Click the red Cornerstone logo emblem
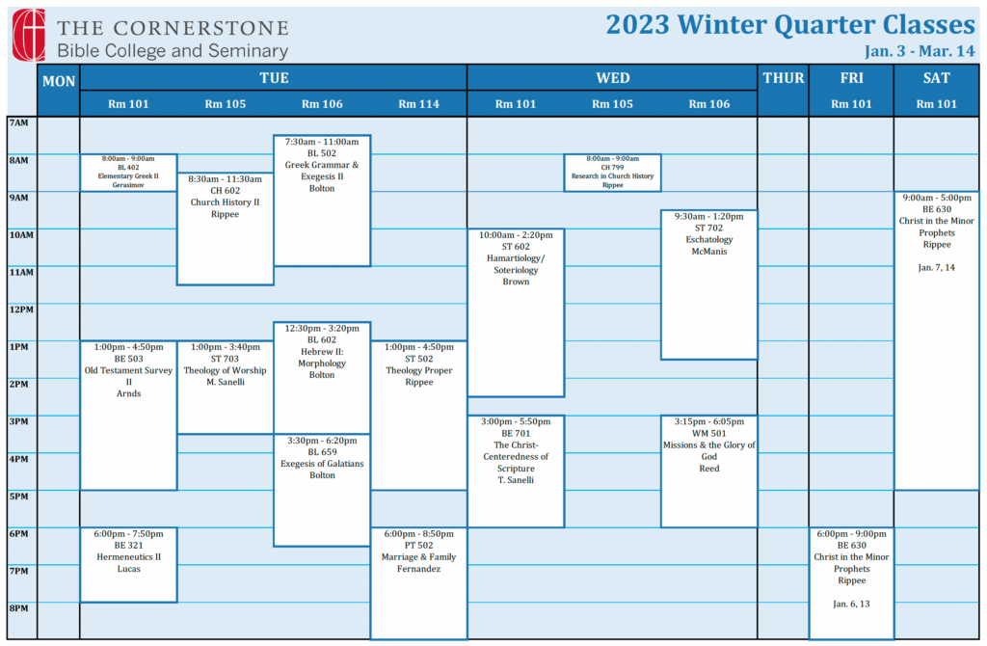coord(29,35)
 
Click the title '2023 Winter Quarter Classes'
coord(790,24)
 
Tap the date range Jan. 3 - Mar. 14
coord(920,51)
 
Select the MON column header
coord(59,81)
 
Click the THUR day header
coord(783,78)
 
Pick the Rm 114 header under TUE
coord(418,104)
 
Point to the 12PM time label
coord(21,310)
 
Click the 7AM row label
coord(19,122)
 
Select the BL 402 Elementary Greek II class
coord(128,173)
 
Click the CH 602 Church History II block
coord(226,229)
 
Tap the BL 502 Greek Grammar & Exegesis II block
coord(322,201)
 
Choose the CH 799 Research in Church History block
coord(612,173)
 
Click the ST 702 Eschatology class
coord(709,284)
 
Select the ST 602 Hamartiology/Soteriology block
coord(517,313)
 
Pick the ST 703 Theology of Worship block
coord(226,388)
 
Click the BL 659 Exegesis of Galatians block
coord(322,491)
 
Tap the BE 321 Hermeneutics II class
coord(128,565)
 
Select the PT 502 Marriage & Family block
coord(419,583)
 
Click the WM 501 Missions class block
coord(709,471)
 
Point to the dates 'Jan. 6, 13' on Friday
coord(851,604)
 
